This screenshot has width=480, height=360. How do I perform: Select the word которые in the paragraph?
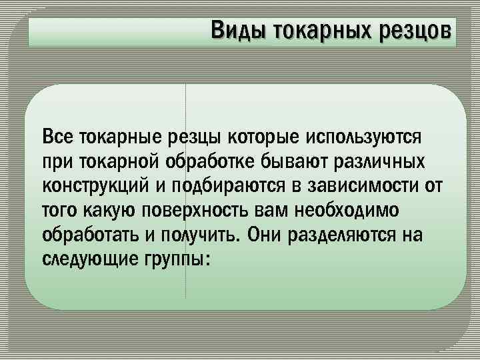coord(264,137)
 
